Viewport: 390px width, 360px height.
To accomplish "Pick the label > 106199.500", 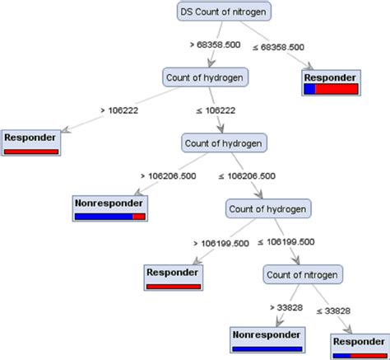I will point(222,242).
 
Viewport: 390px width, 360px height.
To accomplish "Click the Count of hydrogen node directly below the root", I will point(206,77).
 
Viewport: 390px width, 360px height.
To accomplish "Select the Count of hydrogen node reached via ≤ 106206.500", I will point(268,208).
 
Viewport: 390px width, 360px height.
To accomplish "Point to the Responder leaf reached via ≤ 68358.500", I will point(331,83).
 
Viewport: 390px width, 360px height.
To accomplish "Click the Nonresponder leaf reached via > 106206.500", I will point(109,208).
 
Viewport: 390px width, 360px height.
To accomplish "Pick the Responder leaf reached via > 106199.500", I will point(174,278).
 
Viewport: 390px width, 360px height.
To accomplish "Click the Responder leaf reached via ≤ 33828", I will point(359,344).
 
